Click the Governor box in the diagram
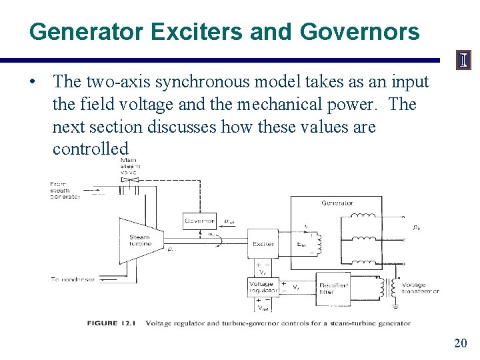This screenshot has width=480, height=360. click(199, 220)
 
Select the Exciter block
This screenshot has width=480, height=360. click(263, 244)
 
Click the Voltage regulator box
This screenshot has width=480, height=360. click(261, 287)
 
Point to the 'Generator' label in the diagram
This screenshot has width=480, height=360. click(337, 203)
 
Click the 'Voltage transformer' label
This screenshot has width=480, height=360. click(419, 288)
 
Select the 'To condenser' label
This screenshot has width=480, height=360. click(73, 279)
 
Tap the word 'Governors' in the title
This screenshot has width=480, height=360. click(360, 32)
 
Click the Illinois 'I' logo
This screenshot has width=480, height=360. click(462, 61)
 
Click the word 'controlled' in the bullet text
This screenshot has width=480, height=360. click(90, 148)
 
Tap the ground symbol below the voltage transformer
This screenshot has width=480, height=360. click(394, 306)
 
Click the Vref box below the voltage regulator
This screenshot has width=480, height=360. click(261, 306)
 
